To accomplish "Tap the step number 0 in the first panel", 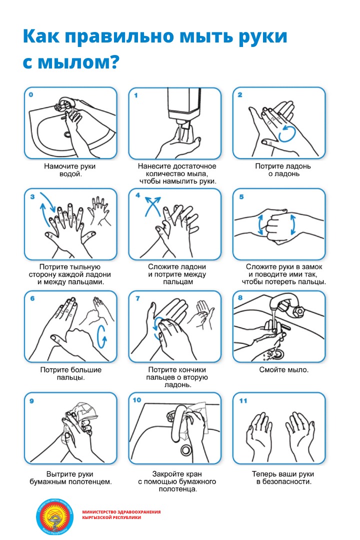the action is pyautogui.click(x=31, y=94).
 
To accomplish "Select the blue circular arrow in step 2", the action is pyautogui.click(x=287, y=134).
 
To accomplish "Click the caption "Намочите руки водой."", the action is pyautogui.click(x=70, y=170).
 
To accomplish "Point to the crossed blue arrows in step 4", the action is pyautogui.click(x=152, y=206).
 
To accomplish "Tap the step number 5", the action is pyautogui.click(x=241, y=196).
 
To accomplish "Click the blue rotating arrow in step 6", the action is pyautogui.click(x=102, y=336).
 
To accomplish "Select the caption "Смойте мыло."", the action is pyautogui.click(x=284, y=370).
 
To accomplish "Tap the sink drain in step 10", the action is pyautogui.click(x=186, y=449).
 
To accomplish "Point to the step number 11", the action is pyautogui.click(x=243, y=400).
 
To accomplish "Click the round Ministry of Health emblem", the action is pyautogui.click(x=55, y=516).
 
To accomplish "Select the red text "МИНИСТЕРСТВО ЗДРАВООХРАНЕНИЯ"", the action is pyautogui.click(x=121, y=512).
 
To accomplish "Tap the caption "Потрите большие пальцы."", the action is pyautogui.click(x=71, y=373).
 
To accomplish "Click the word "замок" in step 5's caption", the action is pyautogui.click(x=312, y=266).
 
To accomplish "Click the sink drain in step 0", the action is pyautogui.click(x=67, y=134).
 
